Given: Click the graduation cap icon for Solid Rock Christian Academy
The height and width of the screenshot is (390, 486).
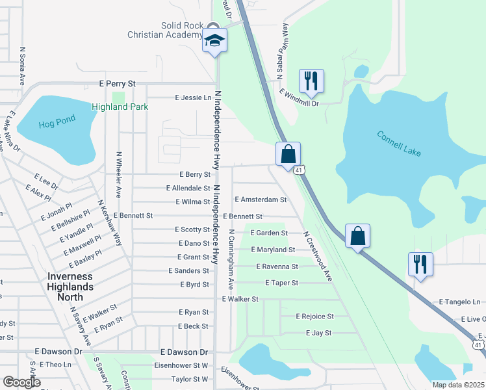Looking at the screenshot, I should [x=214, y=41].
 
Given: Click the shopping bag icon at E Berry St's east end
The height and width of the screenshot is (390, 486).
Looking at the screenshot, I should [x=288, y=155].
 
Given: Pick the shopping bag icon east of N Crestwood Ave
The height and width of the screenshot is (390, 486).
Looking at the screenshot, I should [x=357, y=236].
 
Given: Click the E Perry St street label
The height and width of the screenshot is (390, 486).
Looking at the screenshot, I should [x=117, y=84].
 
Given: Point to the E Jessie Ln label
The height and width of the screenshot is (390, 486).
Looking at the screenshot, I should [x=194, y=97].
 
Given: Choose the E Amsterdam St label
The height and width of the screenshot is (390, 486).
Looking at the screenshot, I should [x=261, y=200].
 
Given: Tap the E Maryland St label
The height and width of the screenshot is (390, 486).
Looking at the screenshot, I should [x=273, y=250].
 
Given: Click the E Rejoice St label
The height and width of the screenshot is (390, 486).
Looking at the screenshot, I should [x=314, y=317].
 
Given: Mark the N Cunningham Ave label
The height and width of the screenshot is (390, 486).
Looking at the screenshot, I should [x=231, y=259].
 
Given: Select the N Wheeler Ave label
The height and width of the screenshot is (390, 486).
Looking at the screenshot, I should [x=119, y=175].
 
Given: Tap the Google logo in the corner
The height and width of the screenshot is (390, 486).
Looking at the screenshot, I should [x=21, y=382].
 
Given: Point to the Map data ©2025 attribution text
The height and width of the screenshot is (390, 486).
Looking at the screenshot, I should [x=459, y=385].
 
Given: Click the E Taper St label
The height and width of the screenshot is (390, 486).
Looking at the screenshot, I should [x=281, y=283].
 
